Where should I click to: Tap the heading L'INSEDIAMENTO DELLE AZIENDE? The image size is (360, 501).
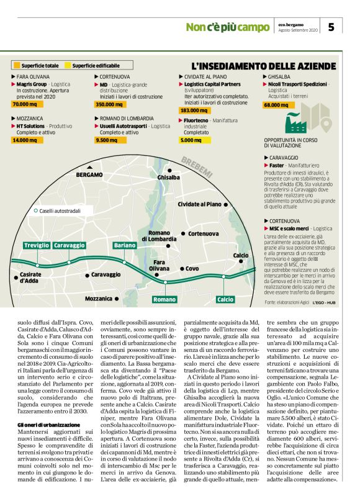tap(264, 65)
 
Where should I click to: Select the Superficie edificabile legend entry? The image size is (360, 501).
tap(96, 65)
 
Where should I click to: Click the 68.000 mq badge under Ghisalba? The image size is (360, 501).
tap(276, 105)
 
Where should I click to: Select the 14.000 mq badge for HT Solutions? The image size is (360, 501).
tap(25, 141)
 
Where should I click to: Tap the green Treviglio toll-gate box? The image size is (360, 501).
tap(37, 245)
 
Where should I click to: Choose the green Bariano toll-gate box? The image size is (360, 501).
tap(125, 245)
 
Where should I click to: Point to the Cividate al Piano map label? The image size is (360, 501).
tap(199, 204)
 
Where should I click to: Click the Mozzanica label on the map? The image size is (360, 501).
tap(99, 299)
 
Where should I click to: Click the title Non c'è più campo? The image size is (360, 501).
tap(228, 27)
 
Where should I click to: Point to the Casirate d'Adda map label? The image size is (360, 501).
tap(30, 278)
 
